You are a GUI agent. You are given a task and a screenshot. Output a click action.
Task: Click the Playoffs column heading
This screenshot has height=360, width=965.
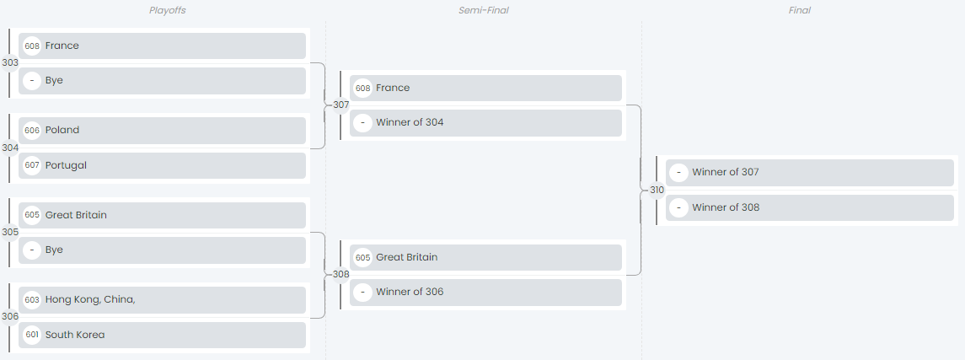tap(167, 10)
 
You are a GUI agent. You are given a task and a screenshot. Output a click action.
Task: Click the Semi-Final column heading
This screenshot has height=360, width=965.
tap(483, 10)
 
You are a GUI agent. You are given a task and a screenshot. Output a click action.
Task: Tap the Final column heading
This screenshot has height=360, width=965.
tap(800, 10)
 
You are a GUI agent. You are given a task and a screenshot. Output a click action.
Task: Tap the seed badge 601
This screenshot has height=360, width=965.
tap(32, 335)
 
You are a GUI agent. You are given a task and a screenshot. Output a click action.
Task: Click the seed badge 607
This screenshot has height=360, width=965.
tap(32, 165)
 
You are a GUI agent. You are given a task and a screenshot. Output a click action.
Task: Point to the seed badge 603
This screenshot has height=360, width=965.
tap(32, 300)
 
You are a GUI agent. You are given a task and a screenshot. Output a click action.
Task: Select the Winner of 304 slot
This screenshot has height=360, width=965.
tap(485, 123)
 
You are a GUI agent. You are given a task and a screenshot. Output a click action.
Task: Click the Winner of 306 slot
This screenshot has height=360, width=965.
tap(485, 293)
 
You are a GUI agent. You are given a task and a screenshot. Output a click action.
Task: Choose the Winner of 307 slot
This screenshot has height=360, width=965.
tap(809, 173)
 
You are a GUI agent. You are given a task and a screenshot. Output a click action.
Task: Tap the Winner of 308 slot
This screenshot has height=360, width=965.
tap(809, 207)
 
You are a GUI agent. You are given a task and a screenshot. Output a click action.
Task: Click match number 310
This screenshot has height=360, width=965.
tap(657, 190)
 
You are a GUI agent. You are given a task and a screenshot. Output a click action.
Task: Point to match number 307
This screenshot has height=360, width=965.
tap(340, 105)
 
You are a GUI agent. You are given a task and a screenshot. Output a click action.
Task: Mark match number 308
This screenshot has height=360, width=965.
tap(340, 274)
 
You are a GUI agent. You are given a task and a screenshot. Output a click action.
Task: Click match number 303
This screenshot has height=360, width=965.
tap(10, 62)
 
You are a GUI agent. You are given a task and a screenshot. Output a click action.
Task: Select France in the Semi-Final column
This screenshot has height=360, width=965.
tap(485, 88)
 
